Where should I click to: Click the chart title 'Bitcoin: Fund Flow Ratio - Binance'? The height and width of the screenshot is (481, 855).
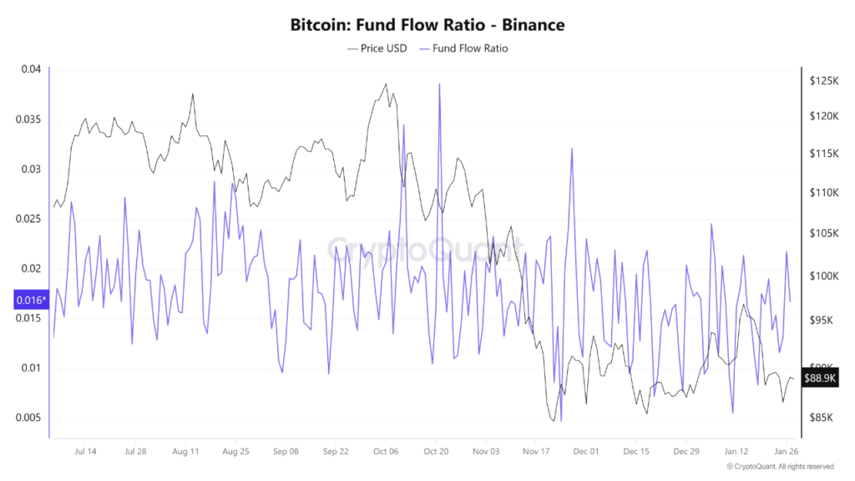click(x=427, y=25)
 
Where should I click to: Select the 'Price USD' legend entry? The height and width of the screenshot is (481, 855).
click(x=377, y=48)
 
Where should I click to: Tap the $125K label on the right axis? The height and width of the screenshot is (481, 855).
click(x=822, y=81)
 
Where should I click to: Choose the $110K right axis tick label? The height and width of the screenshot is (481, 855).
click(x=822, y=193)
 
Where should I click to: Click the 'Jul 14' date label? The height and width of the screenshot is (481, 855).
click(x=85, y=451)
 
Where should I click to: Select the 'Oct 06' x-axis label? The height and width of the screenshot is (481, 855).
click(x=385, y=451)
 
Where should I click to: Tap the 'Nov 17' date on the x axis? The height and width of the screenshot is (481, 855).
click(x=535, y=451)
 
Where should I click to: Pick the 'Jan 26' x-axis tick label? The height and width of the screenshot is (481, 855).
click(x=785, y=451)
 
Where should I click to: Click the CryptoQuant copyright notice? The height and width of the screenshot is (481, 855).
click(x=780, y=467)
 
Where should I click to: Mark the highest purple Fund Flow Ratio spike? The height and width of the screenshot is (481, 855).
click(x=438, y=84)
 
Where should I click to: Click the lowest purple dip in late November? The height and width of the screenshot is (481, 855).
click(x=561, y=421)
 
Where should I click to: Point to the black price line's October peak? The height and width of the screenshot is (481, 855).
click(x=386, y=84)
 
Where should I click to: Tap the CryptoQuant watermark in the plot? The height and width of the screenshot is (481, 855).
click(x=426, y=247)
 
